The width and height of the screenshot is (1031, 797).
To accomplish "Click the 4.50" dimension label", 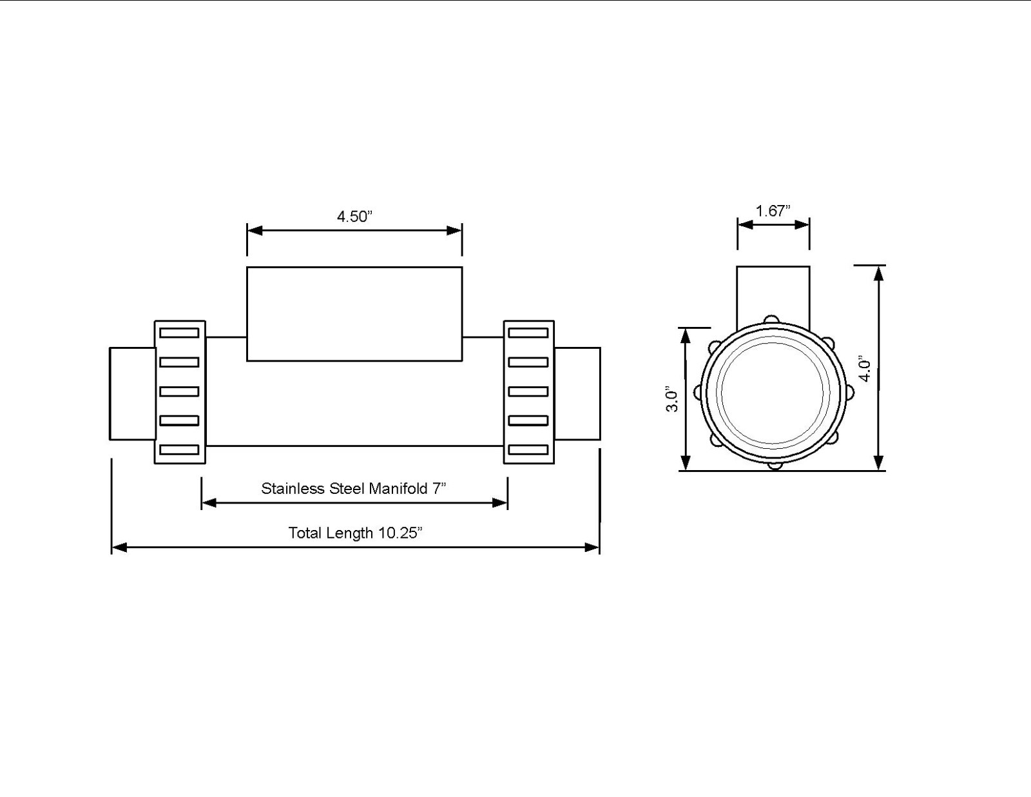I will (354, 216).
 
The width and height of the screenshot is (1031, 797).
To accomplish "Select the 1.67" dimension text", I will (773, 211).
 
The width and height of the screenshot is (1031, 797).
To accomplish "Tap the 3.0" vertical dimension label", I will (672, 399).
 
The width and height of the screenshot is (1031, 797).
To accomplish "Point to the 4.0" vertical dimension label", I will (865, 369).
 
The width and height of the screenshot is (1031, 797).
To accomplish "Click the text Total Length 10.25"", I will (355, 533).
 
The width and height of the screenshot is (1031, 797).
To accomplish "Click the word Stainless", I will (293, 488).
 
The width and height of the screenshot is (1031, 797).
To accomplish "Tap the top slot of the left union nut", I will (179, 333).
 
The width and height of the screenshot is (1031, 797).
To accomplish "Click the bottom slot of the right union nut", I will (528, 449).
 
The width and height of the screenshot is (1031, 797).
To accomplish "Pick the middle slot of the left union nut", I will (179, 391).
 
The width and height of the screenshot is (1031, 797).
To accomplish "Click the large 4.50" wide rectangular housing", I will (354, 313).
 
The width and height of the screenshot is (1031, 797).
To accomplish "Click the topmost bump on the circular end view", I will (770, 319).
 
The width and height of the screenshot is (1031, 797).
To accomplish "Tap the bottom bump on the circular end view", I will (775, 464).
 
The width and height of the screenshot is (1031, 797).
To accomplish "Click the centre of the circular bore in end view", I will (773, 391).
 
